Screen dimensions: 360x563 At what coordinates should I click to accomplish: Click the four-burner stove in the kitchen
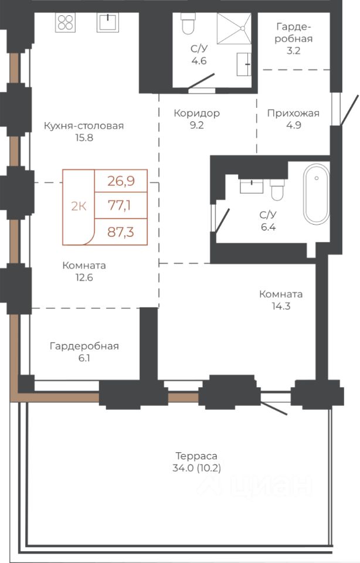(65, 22)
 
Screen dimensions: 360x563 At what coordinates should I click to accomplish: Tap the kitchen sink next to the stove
(107, 22)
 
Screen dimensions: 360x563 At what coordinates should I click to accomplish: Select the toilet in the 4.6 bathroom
(188, 23)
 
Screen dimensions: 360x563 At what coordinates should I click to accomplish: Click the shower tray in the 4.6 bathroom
(234, 29)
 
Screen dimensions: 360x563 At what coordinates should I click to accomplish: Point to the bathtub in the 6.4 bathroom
(316, 194)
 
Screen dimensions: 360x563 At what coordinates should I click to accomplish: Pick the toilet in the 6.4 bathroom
(277, 189)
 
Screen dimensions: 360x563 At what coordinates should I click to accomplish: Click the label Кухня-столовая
(84, 126)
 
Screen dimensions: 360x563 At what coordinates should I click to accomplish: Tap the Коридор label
(196, 113)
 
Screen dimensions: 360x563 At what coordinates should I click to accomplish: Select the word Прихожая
(293, 113)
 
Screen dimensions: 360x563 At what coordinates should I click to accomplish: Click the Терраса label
(196, 456)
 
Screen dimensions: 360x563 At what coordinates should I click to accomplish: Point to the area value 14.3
(281, 306)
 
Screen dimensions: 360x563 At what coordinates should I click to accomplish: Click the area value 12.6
(84, 277)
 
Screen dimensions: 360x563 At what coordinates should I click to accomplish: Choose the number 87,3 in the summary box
(121, 232)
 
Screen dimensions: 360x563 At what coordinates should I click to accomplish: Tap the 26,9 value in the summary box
(121, 181)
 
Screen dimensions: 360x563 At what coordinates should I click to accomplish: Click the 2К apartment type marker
(79, 206)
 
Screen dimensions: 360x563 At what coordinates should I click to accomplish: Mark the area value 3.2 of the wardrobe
(293, 50)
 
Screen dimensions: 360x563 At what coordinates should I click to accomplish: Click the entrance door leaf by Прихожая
(349, 110)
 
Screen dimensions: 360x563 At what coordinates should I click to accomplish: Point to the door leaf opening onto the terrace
(274, 409)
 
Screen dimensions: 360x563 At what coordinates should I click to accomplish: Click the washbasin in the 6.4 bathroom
(252, 186)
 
